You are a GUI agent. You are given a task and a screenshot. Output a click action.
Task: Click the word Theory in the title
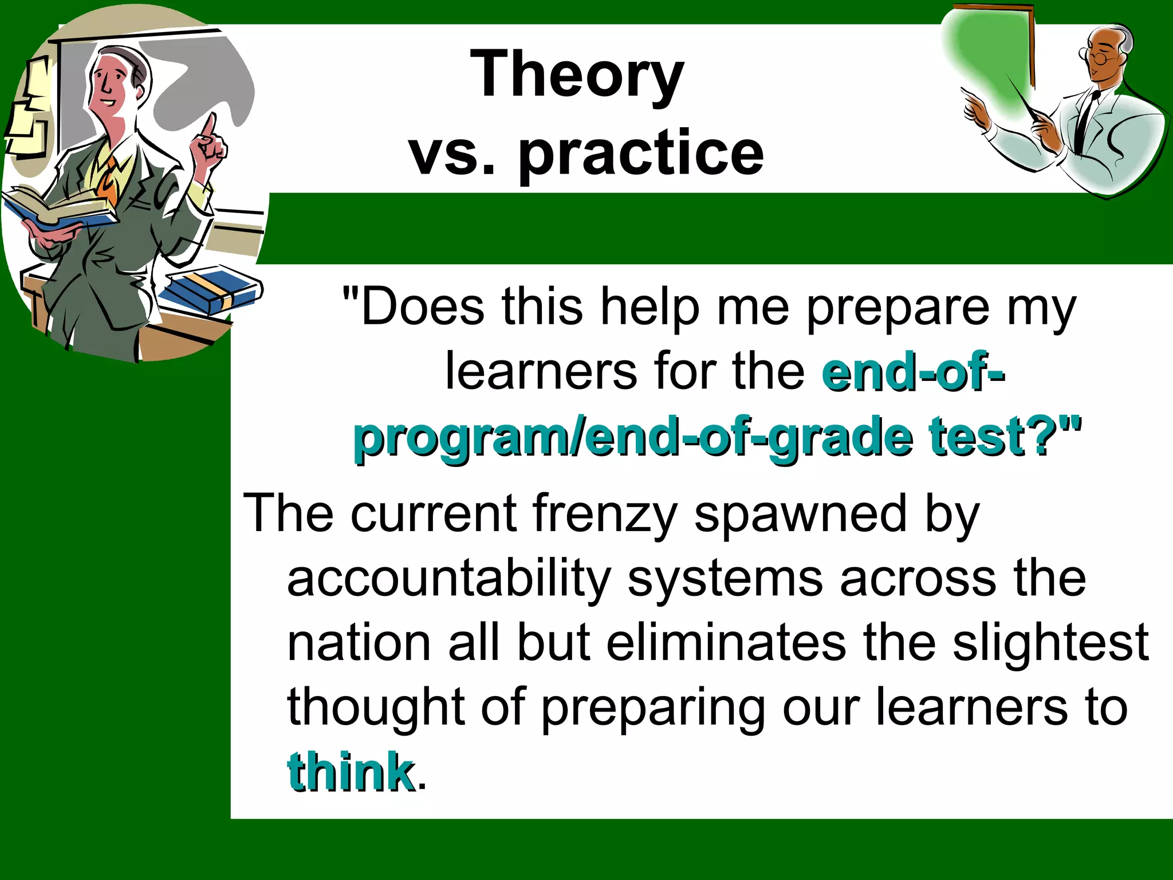click(577, 74)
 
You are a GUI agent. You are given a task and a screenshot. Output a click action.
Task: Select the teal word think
click(351, 772)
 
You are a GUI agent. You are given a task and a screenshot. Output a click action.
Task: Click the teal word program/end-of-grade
click(632, 438)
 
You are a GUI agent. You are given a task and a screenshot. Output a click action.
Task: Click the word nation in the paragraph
click(359, 643)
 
